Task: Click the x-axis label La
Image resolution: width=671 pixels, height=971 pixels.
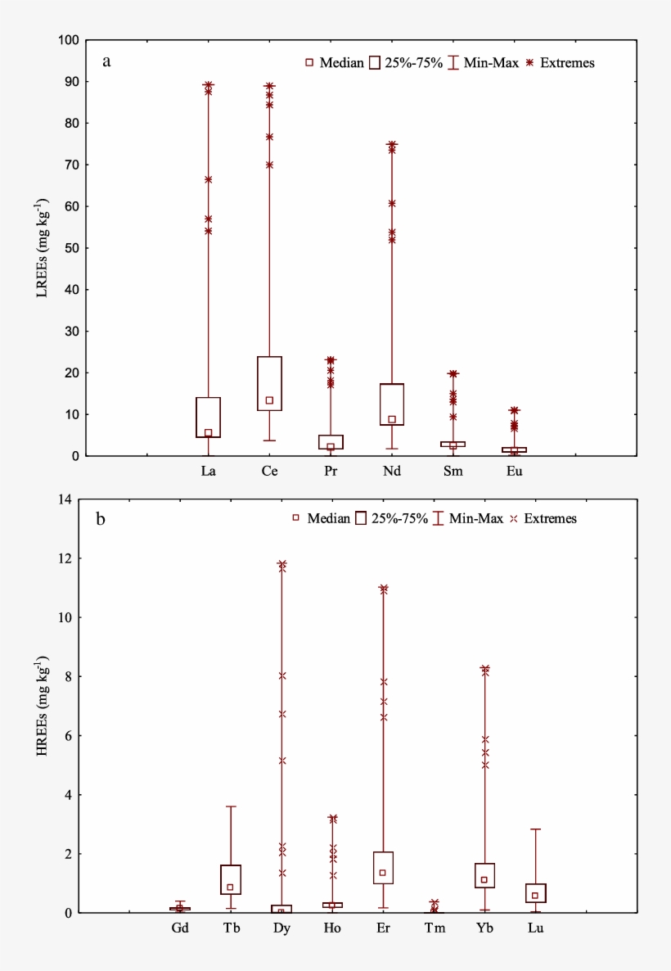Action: coord(208,472)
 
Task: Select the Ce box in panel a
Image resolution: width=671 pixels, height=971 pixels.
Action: coord(269,383)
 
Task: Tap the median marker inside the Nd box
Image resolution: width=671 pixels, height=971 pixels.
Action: coord(392,419)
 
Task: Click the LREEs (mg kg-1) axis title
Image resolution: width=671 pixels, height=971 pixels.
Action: coord(42,247)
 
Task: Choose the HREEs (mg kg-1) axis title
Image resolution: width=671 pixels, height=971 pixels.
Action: coord(42,704)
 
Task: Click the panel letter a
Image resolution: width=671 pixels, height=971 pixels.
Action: coord(106,61)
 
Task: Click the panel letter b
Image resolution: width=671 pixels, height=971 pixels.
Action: coord(101,518)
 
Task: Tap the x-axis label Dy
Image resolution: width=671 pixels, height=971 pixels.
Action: coord(281,928)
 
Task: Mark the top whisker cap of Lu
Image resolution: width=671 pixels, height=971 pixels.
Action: coord(535,829)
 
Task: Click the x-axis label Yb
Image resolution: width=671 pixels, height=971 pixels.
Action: coord(484,928)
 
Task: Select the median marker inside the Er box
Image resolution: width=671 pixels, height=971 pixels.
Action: coord(382,873)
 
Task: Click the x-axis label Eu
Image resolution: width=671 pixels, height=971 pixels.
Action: coord(514,472)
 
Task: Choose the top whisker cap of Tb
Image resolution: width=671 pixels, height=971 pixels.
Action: coord(231,806)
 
